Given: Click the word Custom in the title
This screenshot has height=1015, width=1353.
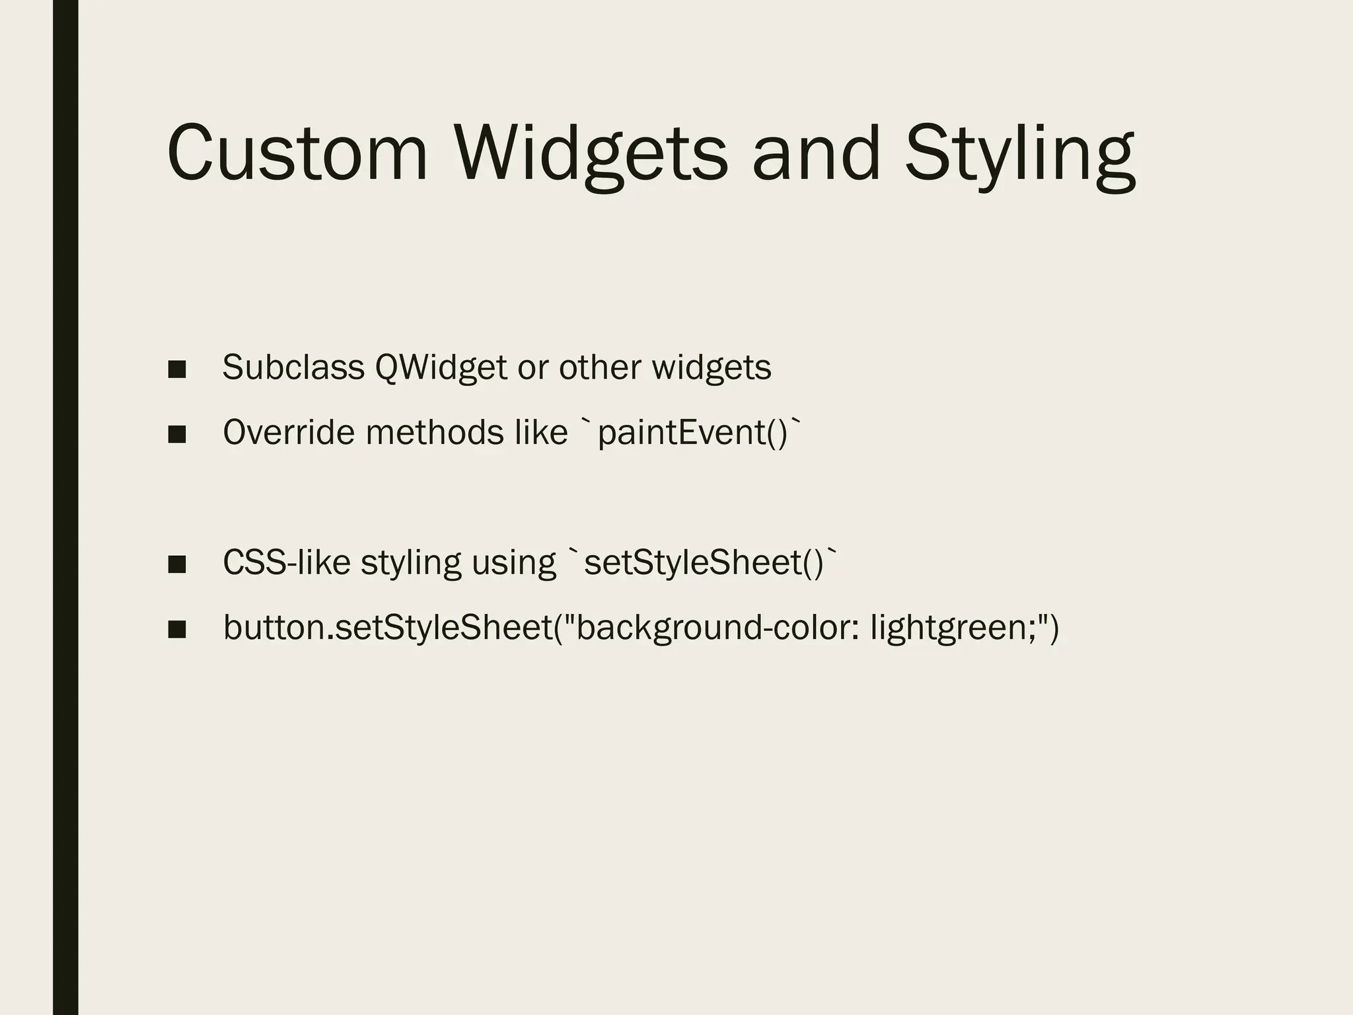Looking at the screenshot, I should [x=298, y=153].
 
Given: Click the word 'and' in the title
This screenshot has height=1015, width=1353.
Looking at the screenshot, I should [x=816, y=153].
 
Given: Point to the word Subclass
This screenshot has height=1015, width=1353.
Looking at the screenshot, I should [x=293, y=367].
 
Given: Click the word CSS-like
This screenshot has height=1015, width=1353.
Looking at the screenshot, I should [x=287, y=562].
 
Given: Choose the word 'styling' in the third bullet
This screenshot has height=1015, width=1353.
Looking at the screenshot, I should [x=411, y=564].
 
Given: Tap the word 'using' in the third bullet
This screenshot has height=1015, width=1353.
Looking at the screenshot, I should [x=513, y=564].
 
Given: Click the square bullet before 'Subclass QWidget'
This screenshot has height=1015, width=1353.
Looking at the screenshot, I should [x=176, y=369].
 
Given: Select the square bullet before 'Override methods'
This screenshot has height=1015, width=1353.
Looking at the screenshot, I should [x=176, y=434].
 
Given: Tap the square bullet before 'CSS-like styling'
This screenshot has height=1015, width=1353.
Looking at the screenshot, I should [x=176, y=564].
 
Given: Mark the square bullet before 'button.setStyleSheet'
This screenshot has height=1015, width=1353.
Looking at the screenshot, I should [x=176, y=629].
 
